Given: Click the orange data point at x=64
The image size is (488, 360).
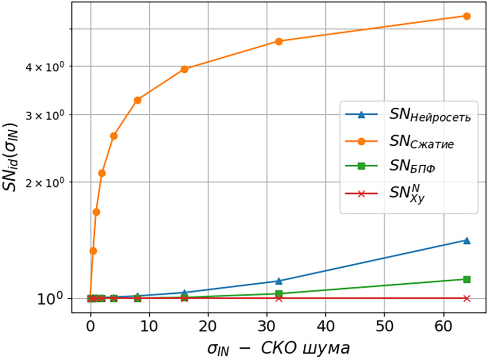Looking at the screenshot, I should (467, 16).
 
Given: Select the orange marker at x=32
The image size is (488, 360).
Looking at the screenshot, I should (279, 41).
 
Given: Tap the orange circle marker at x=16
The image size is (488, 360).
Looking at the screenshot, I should (185, 69).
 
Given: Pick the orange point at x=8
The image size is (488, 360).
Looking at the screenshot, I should (138, 100).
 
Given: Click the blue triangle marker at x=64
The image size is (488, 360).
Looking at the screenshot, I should (467, 240).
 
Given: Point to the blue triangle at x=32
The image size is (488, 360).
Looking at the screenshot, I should (279, 281).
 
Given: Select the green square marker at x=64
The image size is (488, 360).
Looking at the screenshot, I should (467, 279).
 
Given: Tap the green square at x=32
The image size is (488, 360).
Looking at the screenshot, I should (279, 293).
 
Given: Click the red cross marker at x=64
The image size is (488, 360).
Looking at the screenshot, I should (467, 298).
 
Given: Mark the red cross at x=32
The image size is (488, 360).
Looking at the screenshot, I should (279, 298).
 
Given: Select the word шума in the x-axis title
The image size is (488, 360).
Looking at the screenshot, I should (325, 348).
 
